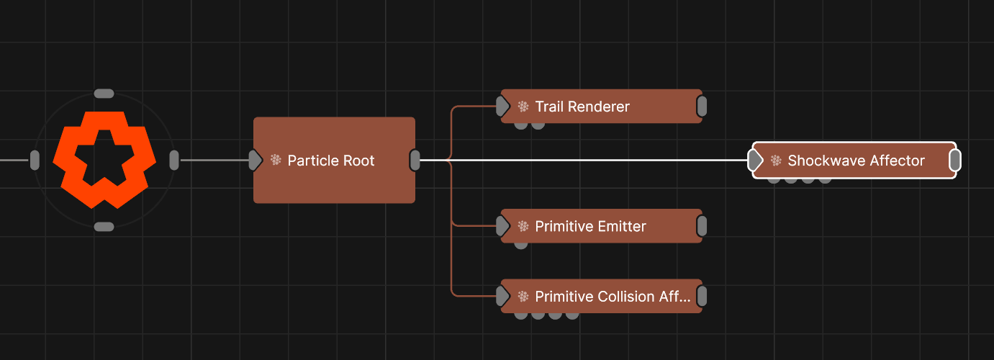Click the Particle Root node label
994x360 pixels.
click(x=331, y=161)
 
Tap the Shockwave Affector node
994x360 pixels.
click(x=856, y=161)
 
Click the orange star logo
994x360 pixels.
click(x=104, y=160)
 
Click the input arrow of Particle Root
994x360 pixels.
click(x=255, y=161)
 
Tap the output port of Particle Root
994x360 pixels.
click(x=415, y=161)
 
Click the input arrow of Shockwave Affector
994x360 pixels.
click(x=755, y=161)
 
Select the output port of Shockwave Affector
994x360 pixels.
click(x=955, y=161)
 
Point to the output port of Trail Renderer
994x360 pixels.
click(x=702, y=107)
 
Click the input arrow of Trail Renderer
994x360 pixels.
click(x=502, y=107)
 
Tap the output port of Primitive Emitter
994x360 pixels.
click(x=702, y=226)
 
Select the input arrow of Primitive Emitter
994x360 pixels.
click(x=502, y=226)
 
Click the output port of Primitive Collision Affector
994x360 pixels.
click(x=702, y=297)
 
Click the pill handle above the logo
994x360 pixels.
click(x=104, y=94)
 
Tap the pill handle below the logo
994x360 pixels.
click(x=104, y=227)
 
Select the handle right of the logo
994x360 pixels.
click(x=173, y=160)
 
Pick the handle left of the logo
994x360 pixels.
click(x=35, y=160)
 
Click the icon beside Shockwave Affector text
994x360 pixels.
click(x=776, y=161)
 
